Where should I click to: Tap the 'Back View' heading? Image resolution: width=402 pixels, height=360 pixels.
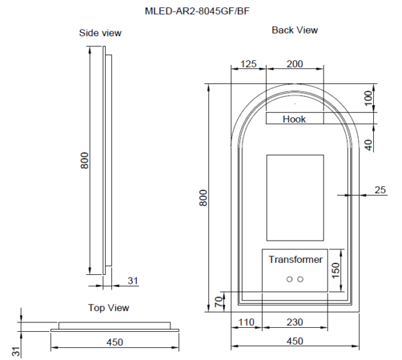295,30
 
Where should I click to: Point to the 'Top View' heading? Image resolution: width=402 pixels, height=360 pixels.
109,308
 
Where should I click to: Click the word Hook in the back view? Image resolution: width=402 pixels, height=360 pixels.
294,119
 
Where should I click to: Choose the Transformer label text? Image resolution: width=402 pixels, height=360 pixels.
295,259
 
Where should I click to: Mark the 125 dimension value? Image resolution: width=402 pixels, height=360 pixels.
248,64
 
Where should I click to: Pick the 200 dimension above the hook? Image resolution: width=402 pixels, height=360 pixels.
294,64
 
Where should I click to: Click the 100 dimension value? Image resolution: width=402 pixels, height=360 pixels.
368,98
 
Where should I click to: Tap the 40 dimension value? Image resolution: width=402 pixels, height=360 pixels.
368,143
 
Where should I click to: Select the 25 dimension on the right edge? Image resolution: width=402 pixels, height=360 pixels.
380,190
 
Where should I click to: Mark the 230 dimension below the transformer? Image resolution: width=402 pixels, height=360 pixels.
294,322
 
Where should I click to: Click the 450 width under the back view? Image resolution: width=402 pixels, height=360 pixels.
294,341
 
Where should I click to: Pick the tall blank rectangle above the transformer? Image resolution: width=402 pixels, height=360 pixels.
295,197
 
